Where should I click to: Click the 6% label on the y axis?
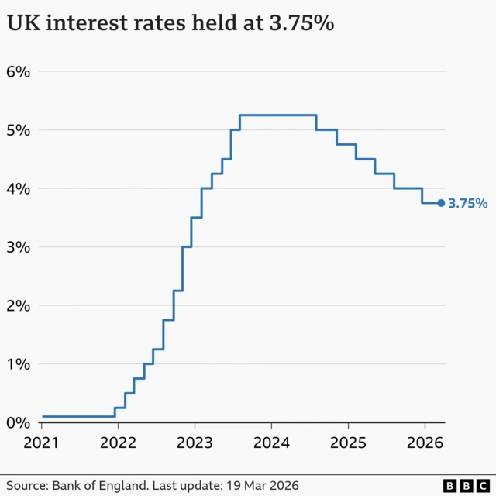pyautogui.click(x=18, y=71)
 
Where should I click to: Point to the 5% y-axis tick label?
pyautogui.click(x=18, y=129)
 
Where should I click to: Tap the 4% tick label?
pyautogui.click(x=18, y=188)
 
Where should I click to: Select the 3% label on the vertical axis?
pyautogui.click(x=18, y=247)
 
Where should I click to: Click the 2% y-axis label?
pyautogui.click(x=18, y=305)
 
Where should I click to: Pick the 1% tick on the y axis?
pyautogui.click(x=18, y=364)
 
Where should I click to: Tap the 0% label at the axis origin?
pyautogui.click(x=18, y=423)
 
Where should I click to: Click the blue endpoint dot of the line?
pyautogui.click(x=441, y=203)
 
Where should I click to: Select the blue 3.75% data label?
pyautogui.click(x=468, y=204)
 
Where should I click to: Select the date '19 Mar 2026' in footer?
pyautogui.click(x=261, y=484)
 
